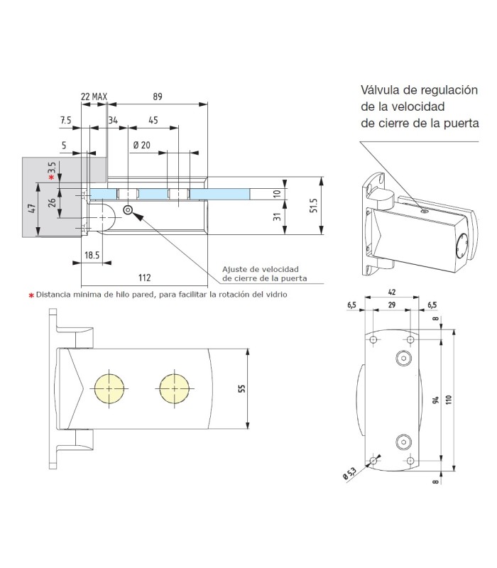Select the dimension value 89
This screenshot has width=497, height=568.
point(157,97)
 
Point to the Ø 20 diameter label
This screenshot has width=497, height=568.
point(142,146)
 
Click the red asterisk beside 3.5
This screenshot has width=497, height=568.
point(51,177)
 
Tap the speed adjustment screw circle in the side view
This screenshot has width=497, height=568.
point(129,210)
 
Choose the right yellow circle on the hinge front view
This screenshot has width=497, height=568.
point(173,389)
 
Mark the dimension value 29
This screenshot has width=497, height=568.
point(393,304)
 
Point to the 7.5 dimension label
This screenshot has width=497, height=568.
point(66,121)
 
